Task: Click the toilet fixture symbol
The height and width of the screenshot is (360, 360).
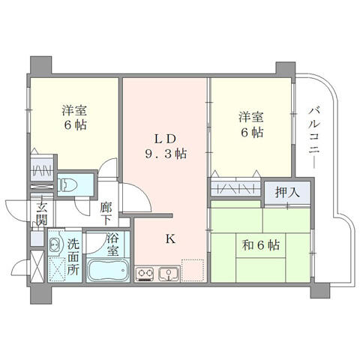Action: point(67,185)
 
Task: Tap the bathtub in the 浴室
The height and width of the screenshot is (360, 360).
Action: point(108,271)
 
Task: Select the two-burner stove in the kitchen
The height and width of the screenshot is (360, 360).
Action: point(145,274)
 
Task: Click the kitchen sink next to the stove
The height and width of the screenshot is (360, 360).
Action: point(169,274)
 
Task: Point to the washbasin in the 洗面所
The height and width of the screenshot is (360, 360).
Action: point(55,244)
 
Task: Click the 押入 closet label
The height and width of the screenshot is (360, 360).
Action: point(287,193)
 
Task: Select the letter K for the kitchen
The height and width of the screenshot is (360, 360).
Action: point(170,239)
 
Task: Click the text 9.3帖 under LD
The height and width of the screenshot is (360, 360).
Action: point(166,154)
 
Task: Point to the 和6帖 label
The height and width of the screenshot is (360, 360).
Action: point(261,245)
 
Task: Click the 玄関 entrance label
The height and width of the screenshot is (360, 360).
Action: point(42,213)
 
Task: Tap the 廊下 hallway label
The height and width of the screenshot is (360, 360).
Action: point(106,213)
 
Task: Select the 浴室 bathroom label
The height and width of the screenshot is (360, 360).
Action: point(113,244)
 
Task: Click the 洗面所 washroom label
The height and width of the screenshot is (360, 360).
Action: point(73,257)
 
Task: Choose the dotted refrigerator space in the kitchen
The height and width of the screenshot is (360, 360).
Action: point(193,270)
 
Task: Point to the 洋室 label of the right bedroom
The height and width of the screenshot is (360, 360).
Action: point(251,117)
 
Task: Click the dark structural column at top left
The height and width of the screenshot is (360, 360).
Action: point(40,65)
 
